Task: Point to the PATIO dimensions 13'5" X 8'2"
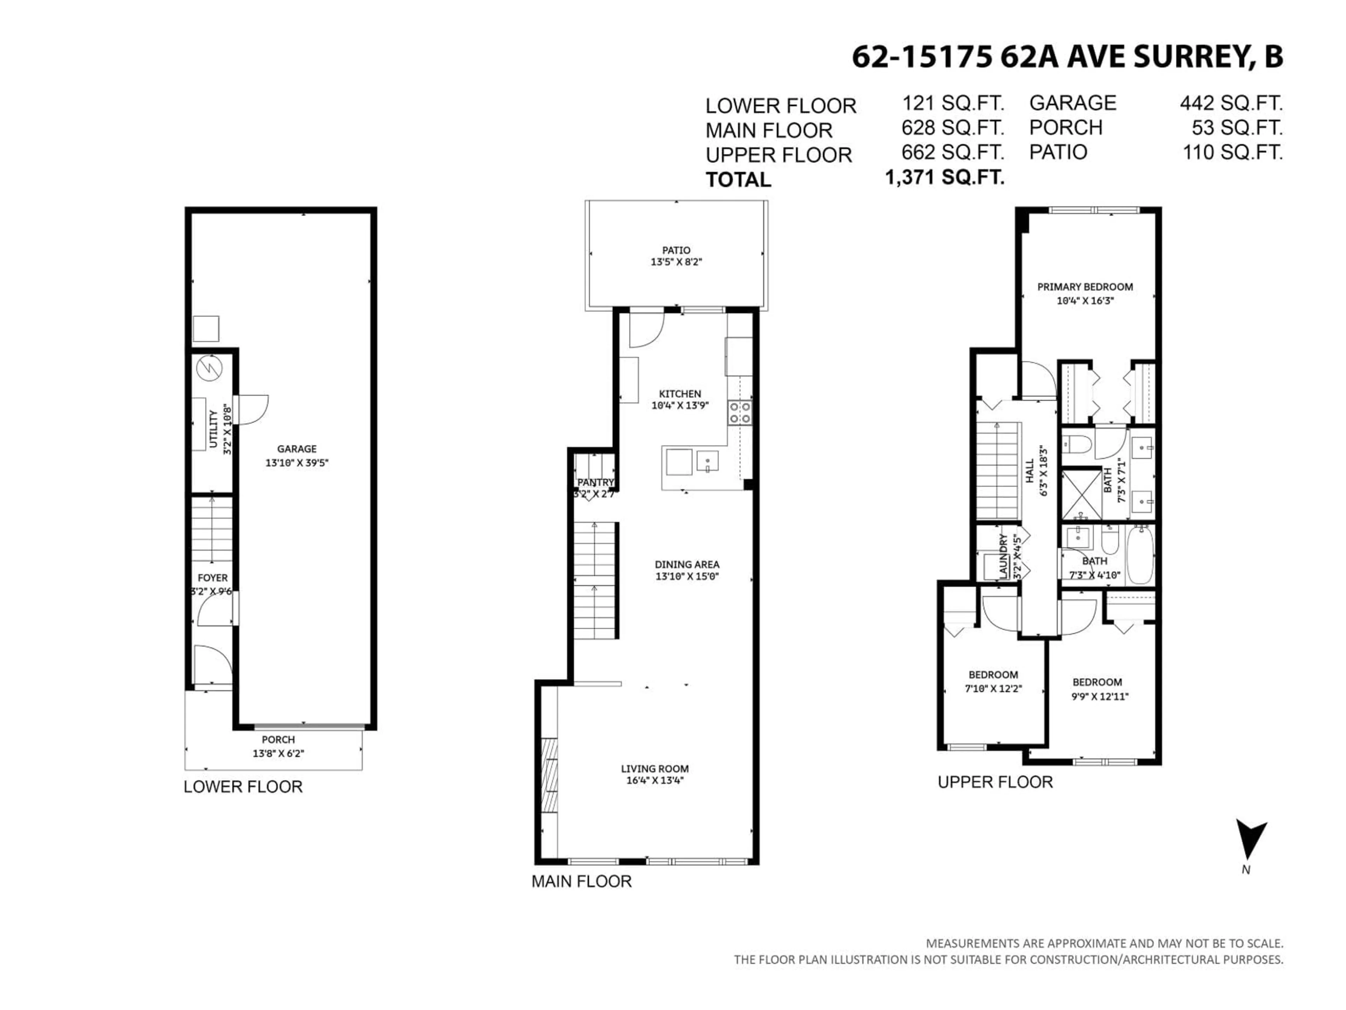[676, 262]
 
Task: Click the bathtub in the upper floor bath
[1140, 555]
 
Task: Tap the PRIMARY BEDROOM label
[1085, 287]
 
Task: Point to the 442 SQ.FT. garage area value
[1230, 103]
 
